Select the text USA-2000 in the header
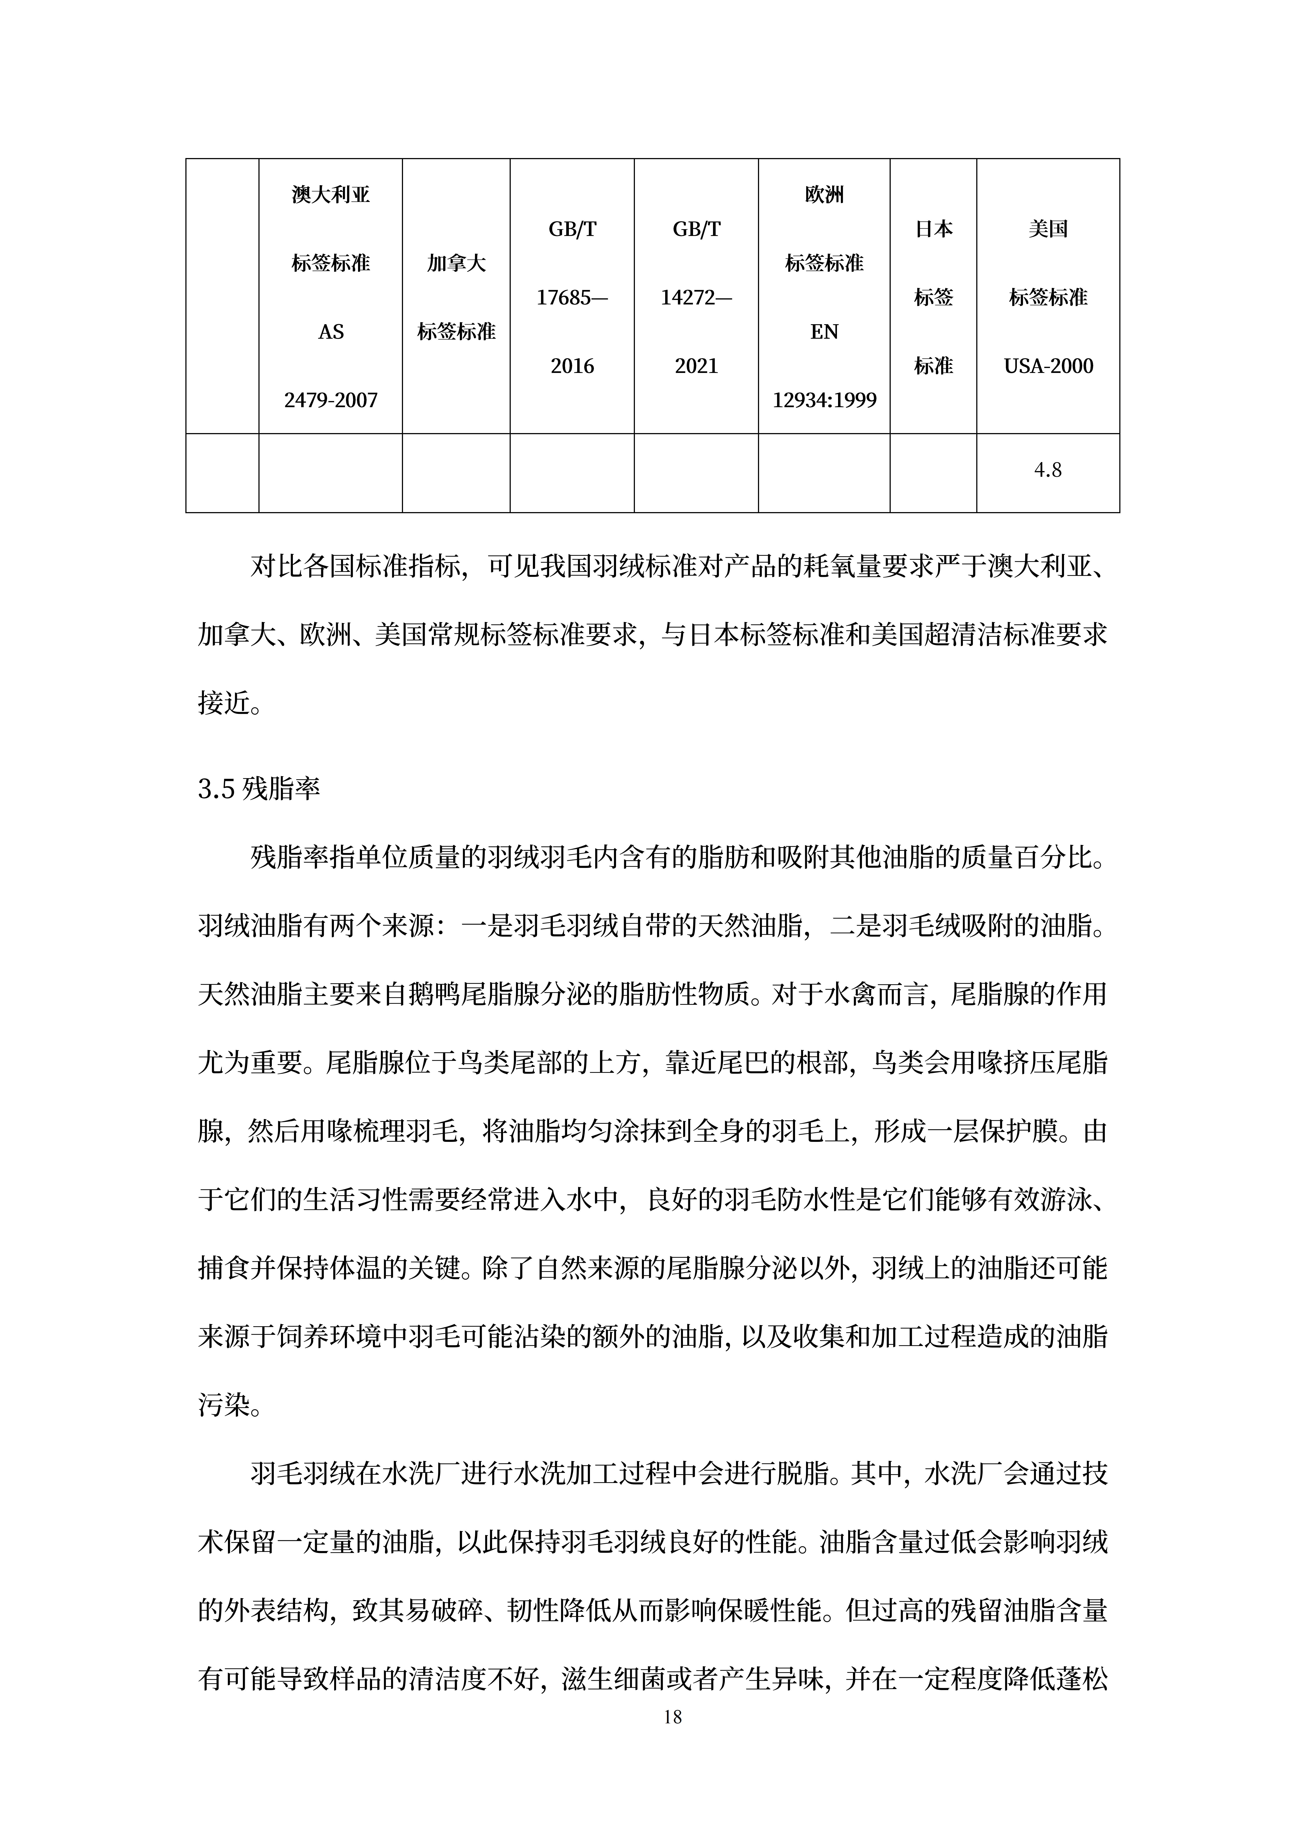click(x=1048, y=366)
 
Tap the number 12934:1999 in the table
click(x=824, y=400)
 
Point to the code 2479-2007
click(x=331, y=400)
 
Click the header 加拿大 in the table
click(x=456, y=263)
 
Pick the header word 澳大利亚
click(x=331, y=195)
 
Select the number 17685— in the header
click(x=572, y=298)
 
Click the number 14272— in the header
click(x=696, y=298)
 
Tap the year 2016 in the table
click(x=572, y=366)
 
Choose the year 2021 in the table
click(x=696, y=366)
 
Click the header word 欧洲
click(x=824, y=195)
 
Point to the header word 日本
click(x=933, y=229)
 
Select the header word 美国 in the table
click(x=1048, y=229)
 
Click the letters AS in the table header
click(x=331, y=332)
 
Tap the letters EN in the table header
click(x=824, y=332)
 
